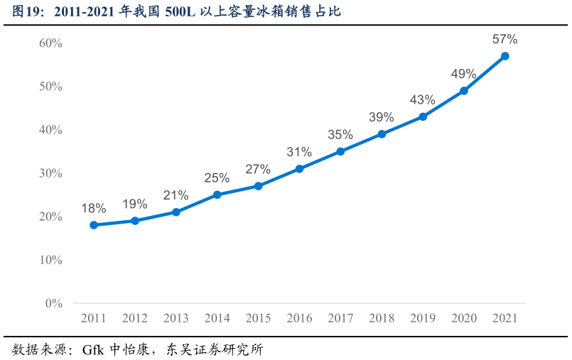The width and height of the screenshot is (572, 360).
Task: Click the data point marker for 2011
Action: (94, 225)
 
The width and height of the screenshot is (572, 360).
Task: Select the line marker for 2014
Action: (217, 195)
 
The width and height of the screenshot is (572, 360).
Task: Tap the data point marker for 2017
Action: (340, 151)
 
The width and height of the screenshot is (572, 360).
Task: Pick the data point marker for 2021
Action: (505, 56)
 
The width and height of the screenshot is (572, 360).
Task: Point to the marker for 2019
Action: (423, 116)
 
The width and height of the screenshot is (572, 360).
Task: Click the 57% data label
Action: (505, 39)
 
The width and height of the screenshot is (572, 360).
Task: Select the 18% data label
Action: (94, 208)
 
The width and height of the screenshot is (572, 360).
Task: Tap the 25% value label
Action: (217, 178)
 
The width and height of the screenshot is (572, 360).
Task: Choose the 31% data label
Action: (299, 152)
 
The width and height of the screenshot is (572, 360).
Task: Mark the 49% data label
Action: (464, 74)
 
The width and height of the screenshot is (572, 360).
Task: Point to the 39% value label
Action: (382, 117)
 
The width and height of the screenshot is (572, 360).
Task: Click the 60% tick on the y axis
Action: (50, 43)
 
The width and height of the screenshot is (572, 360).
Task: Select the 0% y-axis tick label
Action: (54, 303)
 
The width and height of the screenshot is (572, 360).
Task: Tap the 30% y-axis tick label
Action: (50, 173)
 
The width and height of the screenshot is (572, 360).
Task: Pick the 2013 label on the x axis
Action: (176, 318)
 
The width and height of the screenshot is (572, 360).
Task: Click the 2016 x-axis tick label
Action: (299, 318)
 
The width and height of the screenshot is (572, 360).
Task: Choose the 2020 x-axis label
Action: (464, 318)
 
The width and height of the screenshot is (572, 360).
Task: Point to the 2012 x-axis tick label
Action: (135, 318)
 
